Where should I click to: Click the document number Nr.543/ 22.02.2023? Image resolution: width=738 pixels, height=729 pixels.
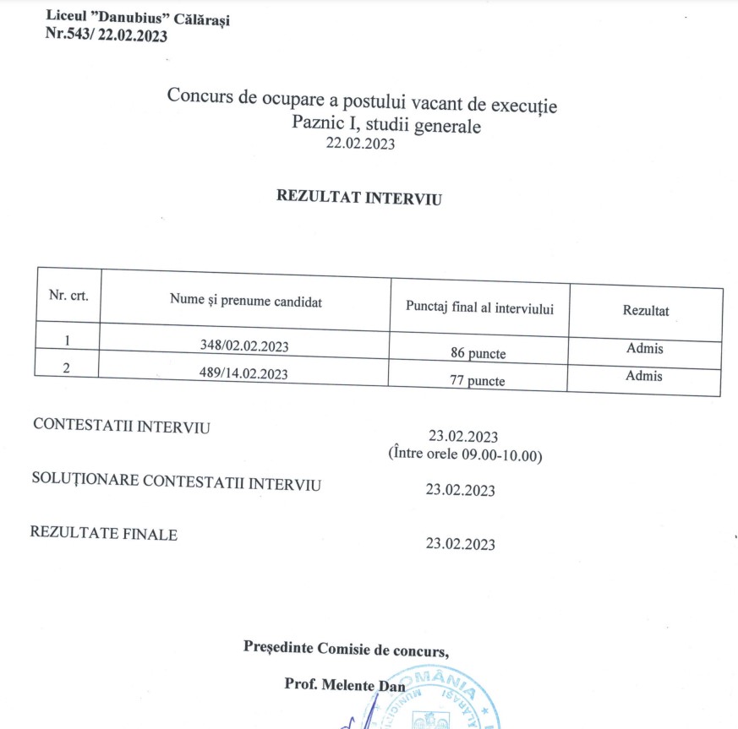click(x=107, y=35)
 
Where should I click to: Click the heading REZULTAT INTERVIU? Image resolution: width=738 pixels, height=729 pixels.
click(x=359, y=197)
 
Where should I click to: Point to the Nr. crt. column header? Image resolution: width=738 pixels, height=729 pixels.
click(x=68, y=296)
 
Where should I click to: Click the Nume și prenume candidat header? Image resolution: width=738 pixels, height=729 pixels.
click(x=245, y=301)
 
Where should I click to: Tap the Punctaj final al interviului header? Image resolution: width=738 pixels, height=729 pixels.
click(x=480, y=308)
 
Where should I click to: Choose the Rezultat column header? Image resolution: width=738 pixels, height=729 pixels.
click(x=645, y=311)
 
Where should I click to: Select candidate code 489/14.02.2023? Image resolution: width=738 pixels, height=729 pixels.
click(x=246, y=373)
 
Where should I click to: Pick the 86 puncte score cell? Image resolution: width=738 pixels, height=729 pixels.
click(x=478, y=354)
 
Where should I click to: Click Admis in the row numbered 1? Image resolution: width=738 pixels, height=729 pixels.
click(x=644, y=348)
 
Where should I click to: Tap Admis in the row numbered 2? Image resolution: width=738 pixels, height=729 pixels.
click(x=644, y=376)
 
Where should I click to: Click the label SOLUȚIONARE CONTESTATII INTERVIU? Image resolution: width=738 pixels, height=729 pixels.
click(x=176, y=482)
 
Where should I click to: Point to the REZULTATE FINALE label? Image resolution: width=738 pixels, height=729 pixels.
click(x=104, y=534)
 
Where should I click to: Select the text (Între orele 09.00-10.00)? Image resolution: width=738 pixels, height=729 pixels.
click(x=465, y=455)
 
